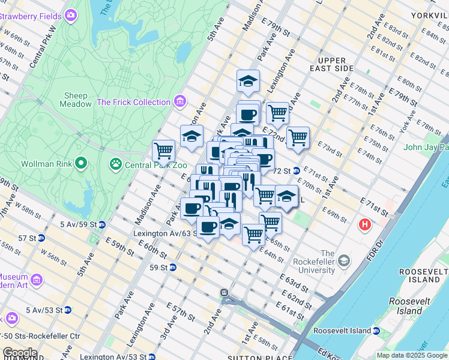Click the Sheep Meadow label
[x=76, y=100]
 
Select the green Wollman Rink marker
[x=81, y=163]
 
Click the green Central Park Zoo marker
[x=115, y=163]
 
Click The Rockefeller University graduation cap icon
[x=344, y=261]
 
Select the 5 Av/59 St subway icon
[x=101, y=225]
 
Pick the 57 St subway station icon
[x=41, y=238]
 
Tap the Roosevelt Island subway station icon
[x=376, y=331]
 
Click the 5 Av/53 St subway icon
[x=68, y=310]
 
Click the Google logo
[x=20, y=353]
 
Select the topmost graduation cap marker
[x=248, y=81]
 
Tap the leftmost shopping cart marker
[x=163, y=149]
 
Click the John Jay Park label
[x=427, y=147]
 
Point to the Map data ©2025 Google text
[x=411, y=355]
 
